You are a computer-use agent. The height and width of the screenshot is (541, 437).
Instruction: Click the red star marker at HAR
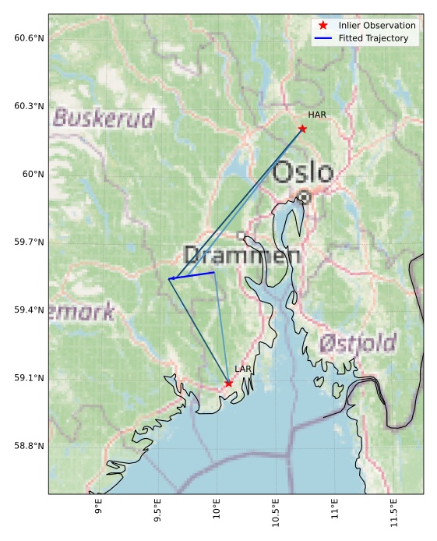302,129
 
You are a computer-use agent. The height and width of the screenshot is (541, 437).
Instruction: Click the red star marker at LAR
228,384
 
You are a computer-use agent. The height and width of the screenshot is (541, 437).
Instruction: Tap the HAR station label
316,115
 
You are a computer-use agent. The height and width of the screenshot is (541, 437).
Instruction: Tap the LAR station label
242,369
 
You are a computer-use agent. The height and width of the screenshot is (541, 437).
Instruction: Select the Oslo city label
304,172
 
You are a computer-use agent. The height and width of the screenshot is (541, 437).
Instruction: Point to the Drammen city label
241,255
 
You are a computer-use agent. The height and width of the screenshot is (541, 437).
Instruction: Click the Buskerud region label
104,118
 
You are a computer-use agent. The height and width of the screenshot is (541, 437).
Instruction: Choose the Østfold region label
358,342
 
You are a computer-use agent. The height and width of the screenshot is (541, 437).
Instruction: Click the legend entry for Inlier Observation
377,26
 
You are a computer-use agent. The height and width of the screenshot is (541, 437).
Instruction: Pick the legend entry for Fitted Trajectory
373,38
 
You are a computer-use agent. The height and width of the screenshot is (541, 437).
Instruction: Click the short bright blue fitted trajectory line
192,275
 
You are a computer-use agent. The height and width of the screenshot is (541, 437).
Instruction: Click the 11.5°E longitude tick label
393,515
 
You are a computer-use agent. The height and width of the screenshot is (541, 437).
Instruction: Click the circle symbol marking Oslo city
305,197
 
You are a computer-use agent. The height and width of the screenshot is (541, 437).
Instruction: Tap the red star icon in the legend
322,26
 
